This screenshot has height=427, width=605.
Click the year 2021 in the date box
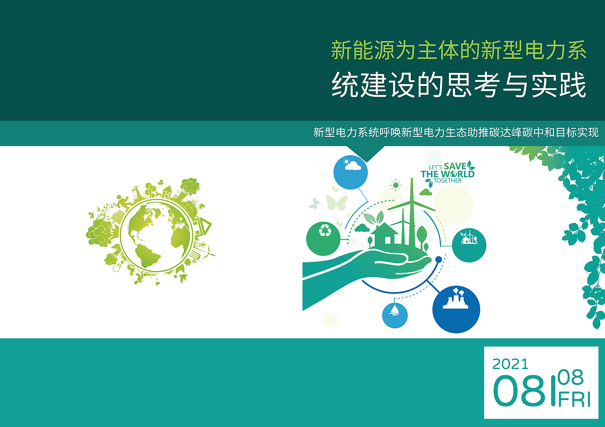point(510,364)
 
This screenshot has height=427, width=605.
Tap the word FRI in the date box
point(574,400)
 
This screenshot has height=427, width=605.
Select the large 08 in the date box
point(519,391)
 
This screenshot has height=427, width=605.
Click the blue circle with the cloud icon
point(351,172)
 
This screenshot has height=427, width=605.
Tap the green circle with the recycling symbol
point(323,239)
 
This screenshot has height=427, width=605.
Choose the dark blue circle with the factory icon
point(456,309)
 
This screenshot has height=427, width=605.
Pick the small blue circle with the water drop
point(395,315)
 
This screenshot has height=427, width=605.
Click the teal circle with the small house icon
point(469,245)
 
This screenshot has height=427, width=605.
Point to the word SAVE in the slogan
point(455,166)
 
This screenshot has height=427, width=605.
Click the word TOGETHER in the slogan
point(448,181)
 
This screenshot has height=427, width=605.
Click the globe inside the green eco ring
point(156,235)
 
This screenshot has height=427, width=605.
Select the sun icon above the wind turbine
point(396,185)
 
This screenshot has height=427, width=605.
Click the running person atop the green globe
point(124,201)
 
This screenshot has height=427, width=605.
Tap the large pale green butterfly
point(337,202)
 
